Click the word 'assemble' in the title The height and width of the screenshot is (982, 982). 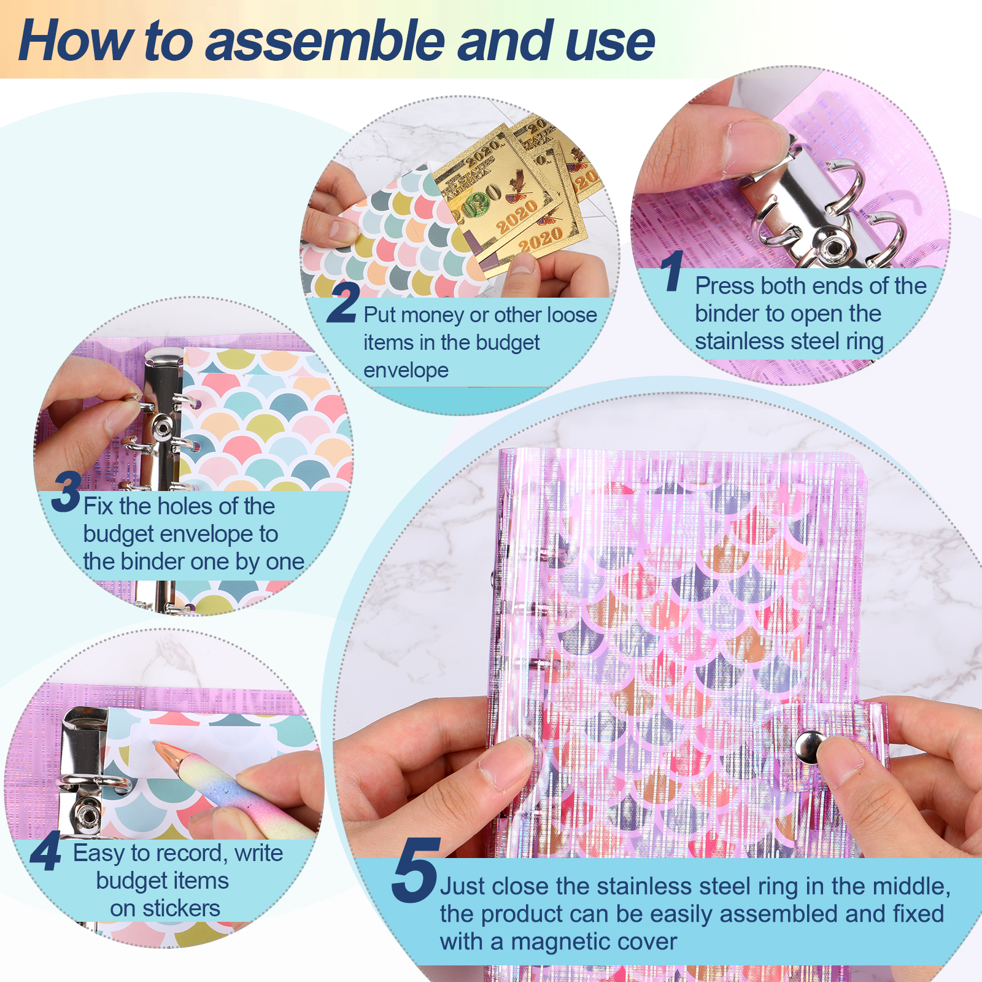pos(326,41)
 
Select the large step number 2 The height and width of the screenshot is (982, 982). pos(343,302)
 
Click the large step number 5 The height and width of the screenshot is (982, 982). pos(416,870)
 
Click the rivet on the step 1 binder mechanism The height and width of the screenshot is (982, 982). pos(833,248)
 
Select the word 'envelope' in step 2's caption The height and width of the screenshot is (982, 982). pos(406,371)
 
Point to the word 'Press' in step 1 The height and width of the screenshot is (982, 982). pos(725,286)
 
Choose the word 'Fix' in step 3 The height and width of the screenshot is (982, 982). pos(98,506)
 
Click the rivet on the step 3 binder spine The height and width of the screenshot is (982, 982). pos(163,425)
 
